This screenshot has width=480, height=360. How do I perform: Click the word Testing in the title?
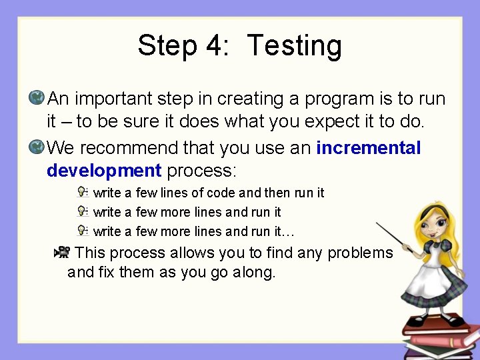pos(294,46)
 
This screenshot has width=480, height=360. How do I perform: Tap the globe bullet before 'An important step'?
pos(37,98)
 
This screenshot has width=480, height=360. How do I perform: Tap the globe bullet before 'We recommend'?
pos(37,146)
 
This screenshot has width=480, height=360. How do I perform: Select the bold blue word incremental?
pos(369,147)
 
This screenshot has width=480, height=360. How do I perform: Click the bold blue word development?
pos(104,171)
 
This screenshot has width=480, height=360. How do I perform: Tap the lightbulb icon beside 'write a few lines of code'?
pos(82,192)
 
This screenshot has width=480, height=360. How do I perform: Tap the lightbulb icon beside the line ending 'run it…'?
pos(82,231)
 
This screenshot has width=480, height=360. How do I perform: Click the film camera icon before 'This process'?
pos(62,252)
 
